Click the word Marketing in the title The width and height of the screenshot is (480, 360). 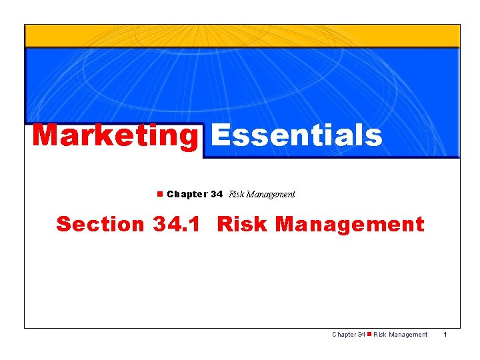(x=115, y=135)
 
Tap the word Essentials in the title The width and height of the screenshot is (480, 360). (x=297, y=135)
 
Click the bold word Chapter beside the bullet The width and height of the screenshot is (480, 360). (x=187, y=195)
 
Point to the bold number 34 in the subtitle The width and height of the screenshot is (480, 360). (x=216, y=195)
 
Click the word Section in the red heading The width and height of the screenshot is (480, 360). (x=99, y=224)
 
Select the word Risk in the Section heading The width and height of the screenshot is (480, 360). (x=242, y=224)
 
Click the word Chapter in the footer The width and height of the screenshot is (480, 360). (x=344, y=335)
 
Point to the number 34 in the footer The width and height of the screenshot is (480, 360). (x=361, y=335)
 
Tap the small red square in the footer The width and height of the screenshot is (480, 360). (x=369, y=335)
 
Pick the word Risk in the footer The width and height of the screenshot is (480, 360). (x=380, y=335)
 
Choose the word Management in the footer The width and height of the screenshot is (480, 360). (x=408, y=335)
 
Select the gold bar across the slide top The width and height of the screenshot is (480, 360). (x=242, y=36)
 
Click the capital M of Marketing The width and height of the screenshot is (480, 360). (x=46, y=135)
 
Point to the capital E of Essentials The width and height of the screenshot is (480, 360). (x=221, y=135)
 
